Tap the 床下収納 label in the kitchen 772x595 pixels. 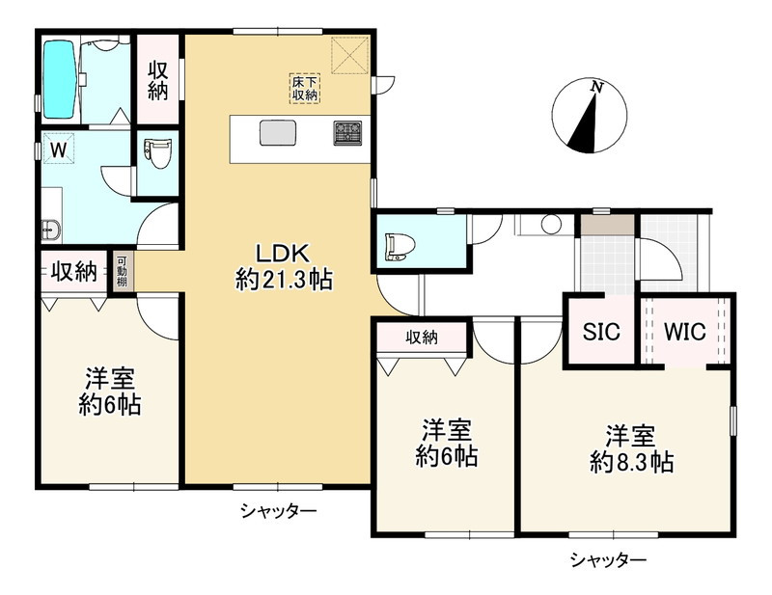306,88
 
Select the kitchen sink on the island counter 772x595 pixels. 277,132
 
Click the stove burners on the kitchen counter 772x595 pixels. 347,132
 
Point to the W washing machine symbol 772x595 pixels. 58,149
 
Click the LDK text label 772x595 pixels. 281,255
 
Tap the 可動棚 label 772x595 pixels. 124,271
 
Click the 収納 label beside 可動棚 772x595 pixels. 74,272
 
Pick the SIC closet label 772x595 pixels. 600,330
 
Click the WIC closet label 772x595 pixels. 685,330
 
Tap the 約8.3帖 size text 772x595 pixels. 631,462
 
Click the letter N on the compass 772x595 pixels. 597,88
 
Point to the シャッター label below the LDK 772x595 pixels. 279,509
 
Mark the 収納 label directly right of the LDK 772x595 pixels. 422,337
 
